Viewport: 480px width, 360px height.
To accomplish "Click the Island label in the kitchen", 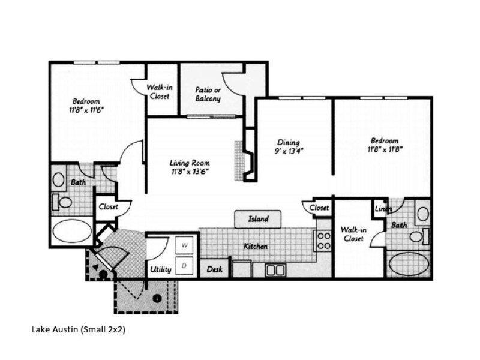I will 259,219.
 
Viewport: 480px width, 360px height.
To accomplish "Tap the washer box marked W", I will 185,246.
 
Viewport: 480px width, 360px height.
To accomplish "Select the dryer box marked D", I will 185,265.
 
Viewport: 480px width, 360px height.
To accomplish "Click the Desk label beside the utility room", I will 214,269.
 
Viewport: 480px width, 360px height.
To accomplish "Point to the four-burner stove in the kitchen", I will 323,241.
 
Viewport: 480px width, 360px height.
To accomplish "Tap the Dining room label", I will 288,142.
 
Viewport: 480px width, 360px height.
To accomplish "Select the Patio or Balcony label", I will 208,94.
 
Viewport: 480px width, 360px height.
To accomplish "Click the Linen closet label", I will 383,209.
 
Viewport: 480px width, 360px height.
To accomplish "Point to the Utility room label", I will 161,269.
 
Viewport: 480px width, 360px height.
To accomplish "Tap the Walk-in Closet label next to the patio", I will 160,92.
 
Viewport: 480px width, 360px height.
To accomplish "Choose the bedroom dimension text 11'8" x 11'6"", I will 86,110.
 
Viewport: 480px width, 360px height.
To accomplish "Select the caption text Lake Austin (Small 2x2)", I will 78,329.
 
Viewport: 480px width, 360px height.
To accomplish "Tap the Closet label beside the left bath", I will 108,207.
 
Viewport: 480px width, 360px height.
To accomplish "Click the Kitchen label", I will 255,247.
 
